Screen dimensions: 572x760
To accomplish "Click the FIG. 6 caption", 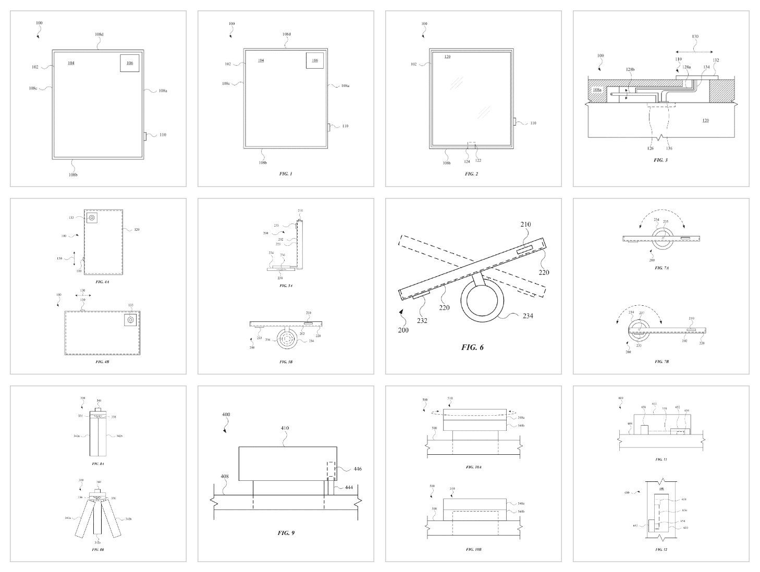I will coord(472,347).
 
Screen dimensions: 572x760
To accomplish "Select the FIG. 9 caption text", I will coord(286,533).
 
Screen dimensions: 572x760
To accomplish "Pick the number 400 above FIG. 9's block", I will coord(225,415).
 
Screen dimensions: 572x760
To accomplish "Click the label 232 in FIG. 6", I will coord(422,320).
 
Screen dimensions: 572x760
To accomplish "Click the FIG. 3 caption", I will coord(660,160).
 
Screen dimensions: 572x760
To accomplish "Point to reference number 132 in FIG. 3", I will coord(716,60).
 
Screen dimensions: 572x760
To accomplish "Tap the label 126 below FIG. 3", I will coord(650,148).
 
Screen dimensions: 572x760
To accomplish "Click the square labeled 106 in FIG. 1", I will coord(314,60).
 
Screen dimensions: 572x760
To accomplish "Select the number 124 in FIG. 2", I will coord(467,161).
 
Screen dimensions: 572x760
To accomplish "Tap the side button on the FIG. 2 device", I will coord(514,122).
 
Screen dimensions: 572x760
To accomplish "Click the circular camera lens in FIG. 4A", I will coord(92,218).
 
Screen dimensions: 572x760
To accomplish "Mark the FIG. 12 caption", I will coord(660,550).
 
